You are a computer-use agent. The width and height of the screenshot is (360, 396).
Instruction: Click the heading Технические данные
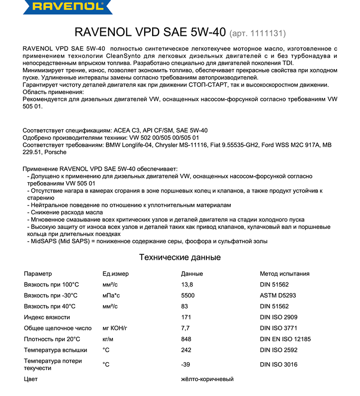[180, 257]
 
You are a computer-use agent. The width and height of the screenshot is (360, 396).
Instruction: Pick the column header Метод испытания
[284, 274]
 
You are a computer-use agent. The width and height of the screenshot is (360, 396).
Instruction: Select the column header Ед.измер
[115, 274]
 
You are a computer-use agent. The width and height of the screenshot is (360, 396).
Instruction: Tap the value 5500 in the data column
[188, 295]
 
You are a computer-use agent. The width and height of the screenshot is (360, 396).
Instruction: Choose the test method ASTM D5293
[278, 295]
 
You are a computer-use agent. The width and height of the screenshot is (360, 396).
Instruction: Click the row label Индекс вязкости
[47, 317]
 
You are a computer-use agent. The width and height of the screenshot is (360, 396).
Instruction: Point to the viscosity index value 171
[186, 317]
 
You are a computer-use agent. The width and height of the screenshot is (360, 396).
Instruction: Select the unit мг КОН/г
[115, 328]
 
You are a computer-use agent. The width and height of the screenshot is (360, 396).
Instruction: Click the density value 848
[187, 339]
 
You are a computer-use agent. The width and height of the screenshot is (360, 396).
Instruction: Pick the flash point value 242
[187, 350]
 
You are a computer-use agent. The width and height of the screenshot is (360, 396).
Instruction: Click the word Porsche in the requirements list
[56, 152]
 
